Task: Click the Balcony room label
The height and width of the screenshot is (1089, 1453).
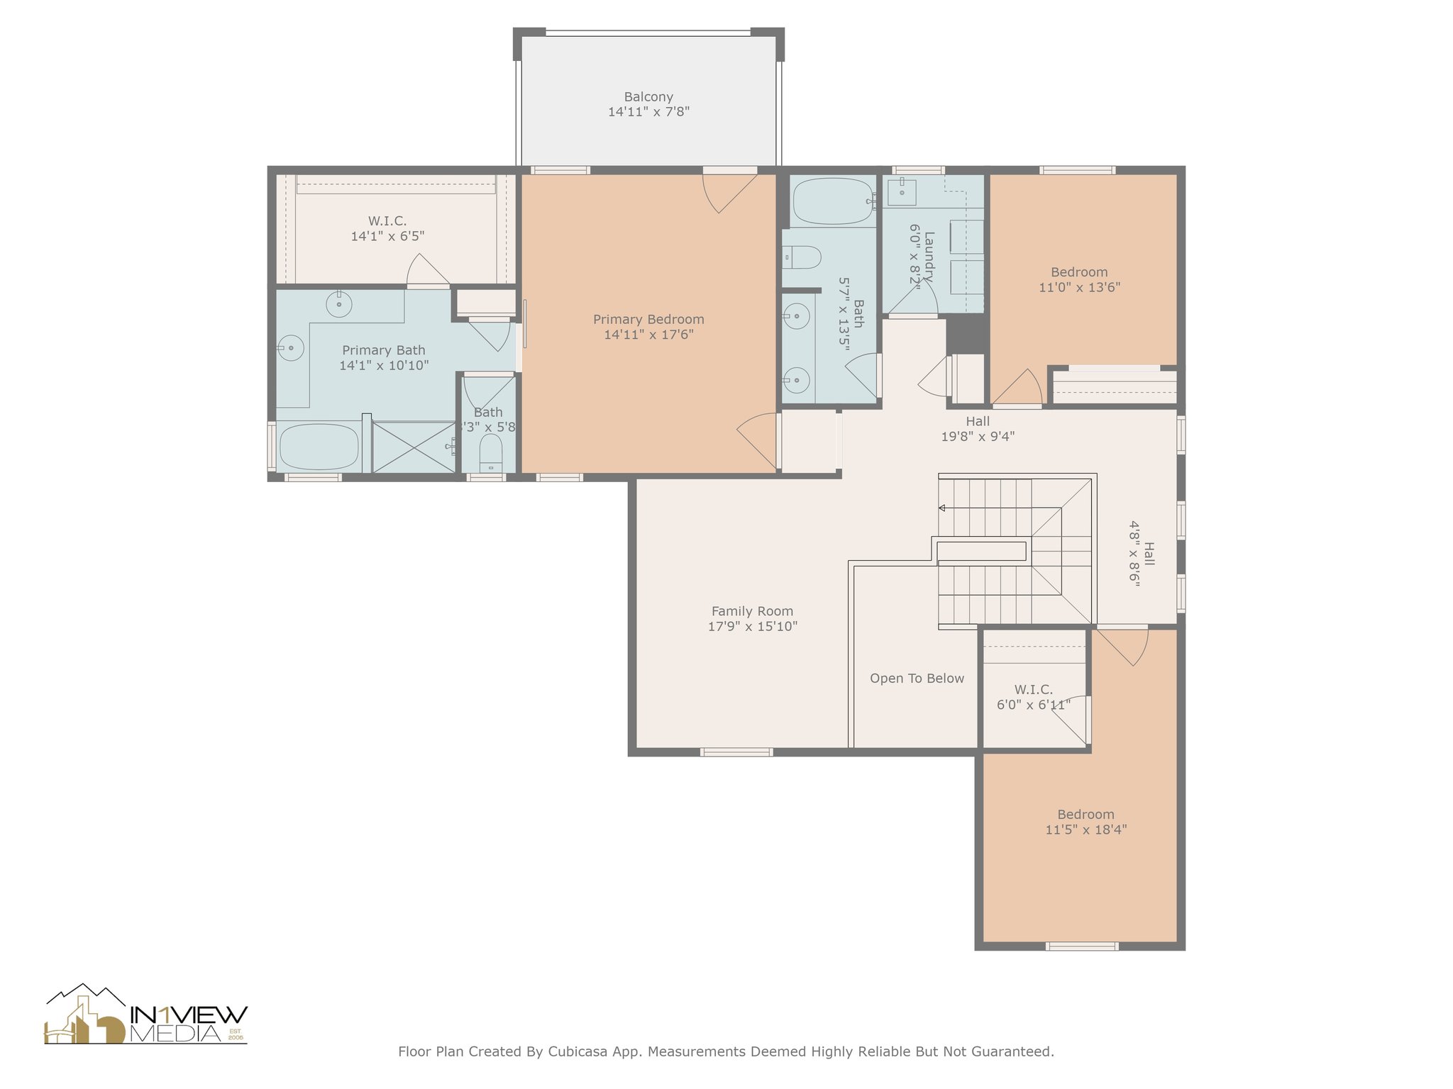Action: click(x=648, y=97)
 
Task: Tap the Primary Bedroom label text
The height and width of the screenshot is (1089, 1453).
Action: click(x=648, y=320)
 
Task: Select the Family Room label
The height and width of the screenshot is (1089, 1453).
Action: click(x=752, y=611)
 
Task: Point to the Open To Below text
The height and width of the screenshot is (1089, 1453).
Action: click(x=917, y=678)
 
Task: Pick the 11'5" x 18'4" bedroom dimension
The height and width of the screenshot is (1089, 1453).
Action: click(x=1085, y=830)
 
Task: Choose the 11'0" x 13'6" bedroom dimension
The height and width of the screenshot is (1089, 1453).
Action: click(x=1079, y=287)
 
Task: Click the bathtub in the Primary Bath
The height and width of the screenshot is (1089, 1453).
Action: click(x=319, y=447)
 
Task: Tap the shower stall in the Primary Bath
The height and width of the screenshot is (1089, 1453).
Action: click(x=414, y=447)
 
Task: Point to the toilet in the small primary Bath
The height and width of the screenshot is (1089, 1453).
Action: click(x=491, y=452)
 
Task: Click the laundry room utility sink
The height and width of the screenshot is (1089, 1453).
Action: click(x=902, y=191)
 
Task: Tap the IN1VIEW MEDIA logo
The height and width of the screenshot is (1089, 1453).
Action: click(x=146, y=1015)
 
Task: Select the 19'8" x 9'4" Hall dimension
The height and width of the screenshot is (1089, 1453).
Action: click(x=978, y=437)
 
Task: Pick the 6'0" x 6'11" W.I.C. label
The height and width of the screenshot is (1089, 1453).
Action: click(x=1034, y=705)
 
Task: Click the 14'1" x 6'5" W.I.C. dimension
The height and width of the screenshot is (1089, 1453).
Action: click(x=387, y=236)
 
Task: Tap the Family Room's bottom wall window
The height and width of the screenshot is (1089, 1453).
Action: click(x=736, y=752)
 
